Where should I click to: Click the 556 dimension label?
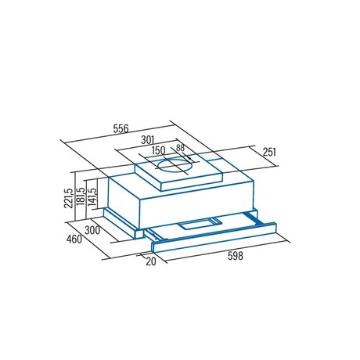[121, 128]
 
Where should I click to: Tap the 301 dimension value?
[148, 140]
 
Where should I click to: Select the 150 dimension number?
[159, 150]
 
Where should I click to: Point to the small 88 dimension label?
[180, 148]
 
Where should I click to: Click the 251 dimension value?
[269, 152]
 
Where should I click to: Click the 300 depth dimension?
[92, 230]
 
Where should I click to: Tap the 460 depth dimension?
[74, 239]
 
